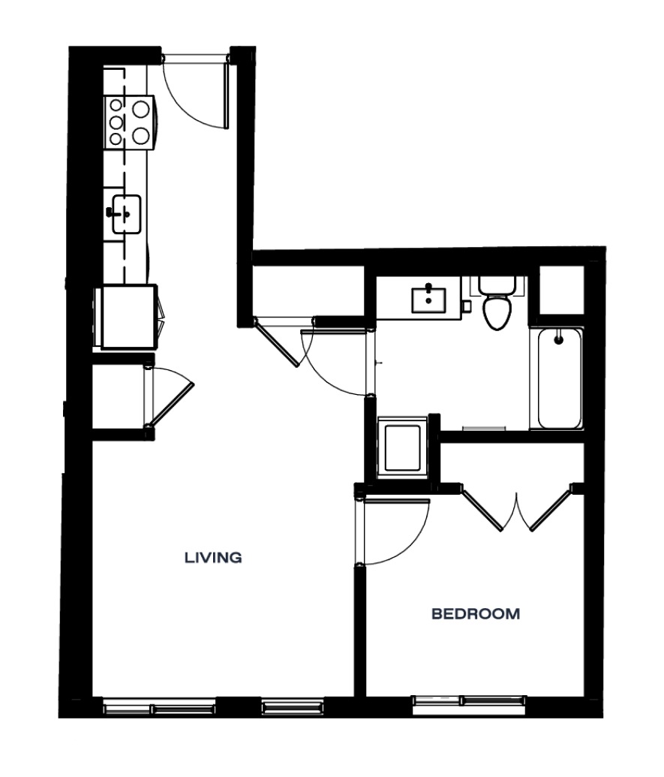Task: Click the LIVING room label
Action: tap(213, 558)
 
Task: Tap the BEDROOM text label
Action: tap(476, 613)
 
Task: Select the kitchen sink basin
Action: tap(126, 214)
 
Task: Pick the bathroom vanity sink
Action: tap(429, 300)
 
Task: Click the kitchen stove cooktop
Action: tap(130, 122)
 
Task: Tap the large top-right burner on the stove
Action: tap(142, 109)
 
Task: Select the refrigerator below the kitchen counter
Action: tap(130, 317)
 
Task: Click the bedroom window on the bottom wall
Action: tap(469, 704)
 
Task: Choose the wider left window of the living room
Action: tap(159, 706)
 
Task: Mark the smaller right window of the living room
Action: tap(293, 706)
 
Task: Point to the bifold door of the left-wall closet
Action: tap(171, 404)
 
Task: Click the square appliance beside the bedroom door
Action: tap(402, 447)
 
